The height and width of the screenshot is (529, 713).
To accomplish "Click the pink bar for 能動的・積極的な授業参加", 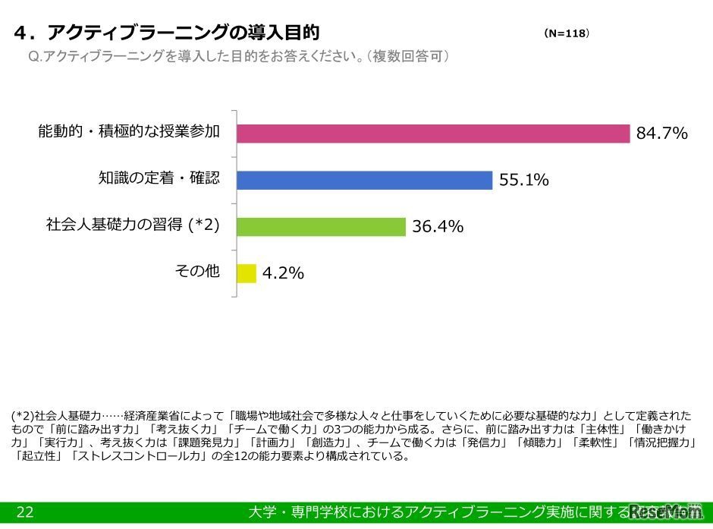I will [432, 134].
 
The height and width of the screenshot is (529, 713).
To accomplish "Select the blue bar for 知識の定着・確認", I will [364, 180].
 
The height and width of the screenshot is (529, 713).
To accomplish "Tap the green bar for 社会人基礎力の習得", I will [321, 226].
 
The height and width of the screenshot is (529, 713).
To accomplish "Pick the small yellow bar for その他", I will [247, 272].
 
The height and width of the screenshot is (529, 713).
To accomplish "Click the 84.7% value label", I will [661, 134].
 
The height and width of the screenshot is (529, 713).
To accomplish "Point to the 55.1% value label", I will [523, 181].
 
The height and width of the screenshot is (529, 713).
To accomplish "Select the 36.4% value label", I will [438, 227].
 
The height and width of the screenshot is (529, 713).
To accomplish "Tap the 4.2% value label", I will [283, 273].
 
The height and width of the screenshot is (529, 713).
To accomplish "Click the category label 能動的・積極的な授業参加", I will [129, 132].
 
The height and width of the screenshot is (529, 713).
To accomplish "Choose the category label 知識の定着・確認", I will [159, 178].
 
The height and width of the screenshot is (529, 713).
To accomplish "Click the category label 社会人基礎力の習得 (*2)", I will [133, 225].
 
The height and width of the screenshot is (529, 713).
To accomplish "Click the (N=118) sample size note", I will [567, 33].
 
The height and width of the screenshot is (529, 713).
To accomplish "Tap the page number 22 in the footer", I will [24, 513].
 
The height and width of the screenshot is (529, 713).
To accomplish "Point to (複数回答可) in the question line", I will [406, 57].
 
